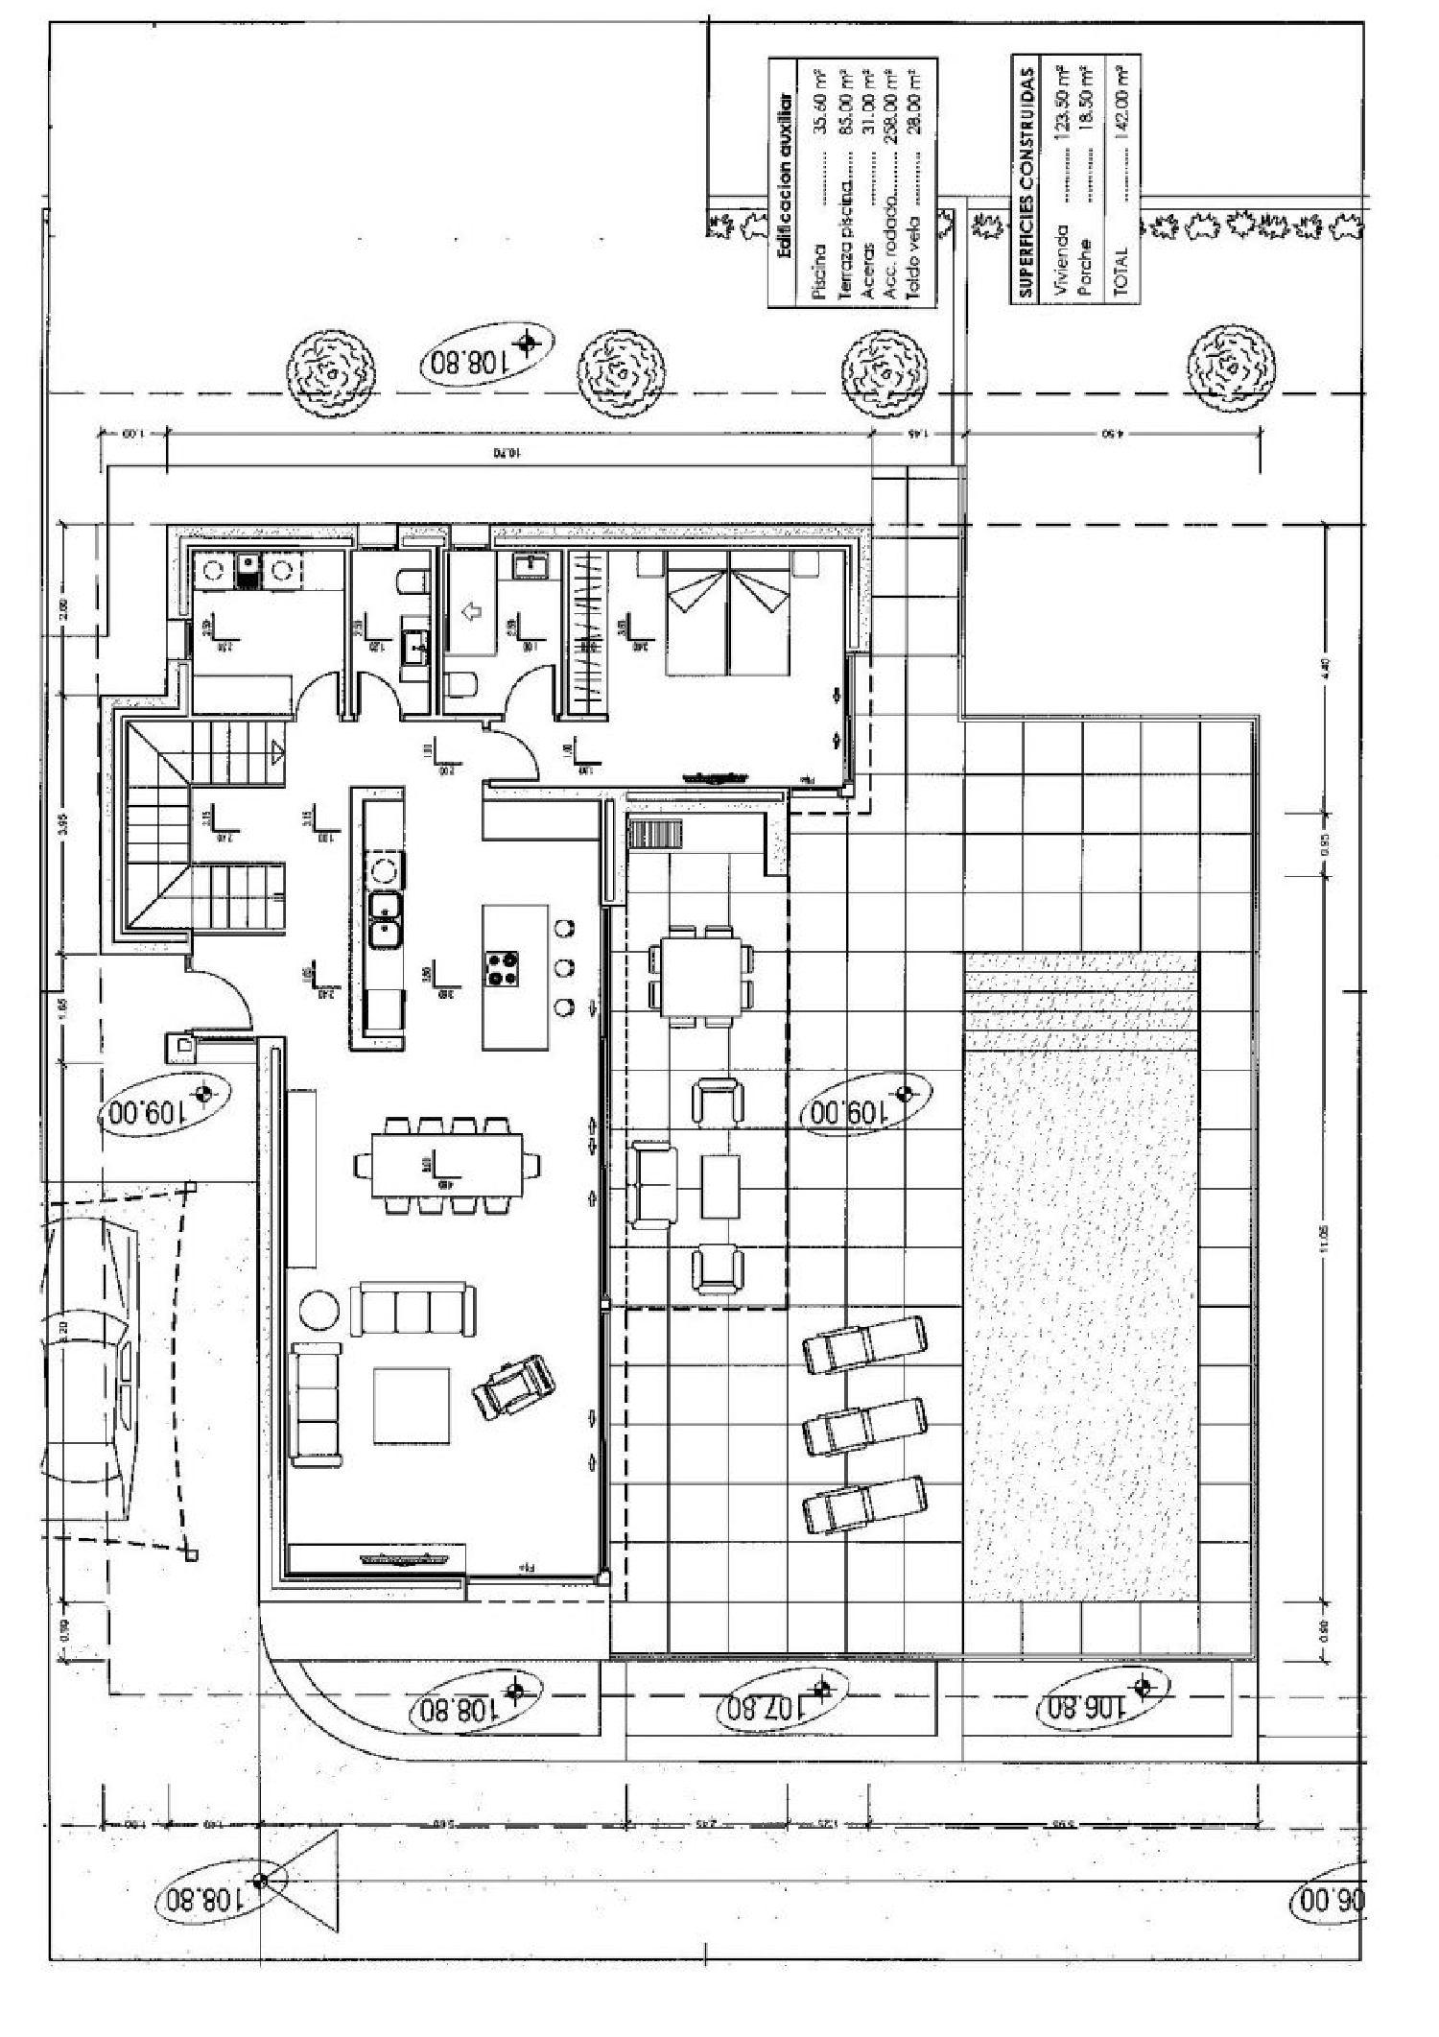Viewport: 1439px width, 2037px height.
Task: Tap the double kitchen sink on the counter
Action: coord(386,917)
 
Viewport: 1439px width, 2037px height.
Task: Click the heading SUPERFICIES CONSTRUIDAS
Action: coord(1028,182)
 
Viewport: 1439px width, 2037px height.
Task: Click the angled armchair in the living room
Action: coord(515,1386)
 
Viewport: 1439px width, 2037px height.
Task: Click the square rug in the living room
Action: coord(412,1406)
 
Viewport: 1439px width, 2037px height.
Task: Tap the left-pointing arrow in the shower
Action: coord(471,610)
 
